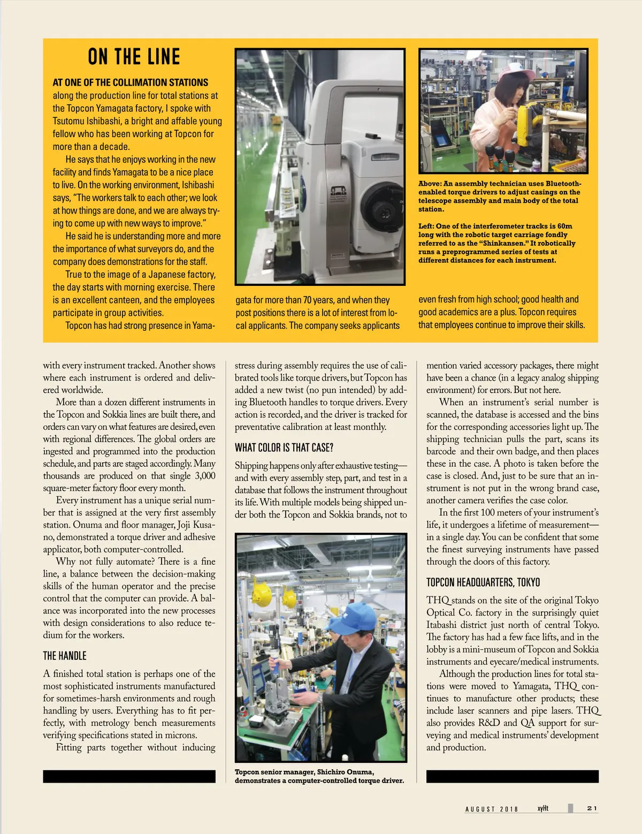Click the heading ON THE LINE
pyautogui.click(x=134, y=57)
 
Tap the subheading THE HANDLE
pyautogui.click(x=65, y=656)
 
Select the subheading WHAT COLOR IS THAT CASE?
pyautogui.click(x=284, y=448)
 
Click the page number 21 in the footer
pyautogui.click(x=592, y=808)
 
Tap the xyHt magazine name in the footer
pyautogui.click(x=542, y=808)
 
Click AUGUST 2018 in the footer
pyautogui.click(x=492, y=809)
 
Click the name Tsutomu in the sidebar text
pyautogui.click(x=69, y=121)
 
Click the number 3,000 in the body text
pyautogui.click(x=204, y=476)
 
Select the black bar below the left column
pyautogui.click(x=129, y=776)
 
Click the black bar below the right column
pyautogui.click(x=512, y=776)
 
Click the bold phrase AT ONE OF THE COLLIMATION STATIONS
pyautogui.click(x=130, y=82)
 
